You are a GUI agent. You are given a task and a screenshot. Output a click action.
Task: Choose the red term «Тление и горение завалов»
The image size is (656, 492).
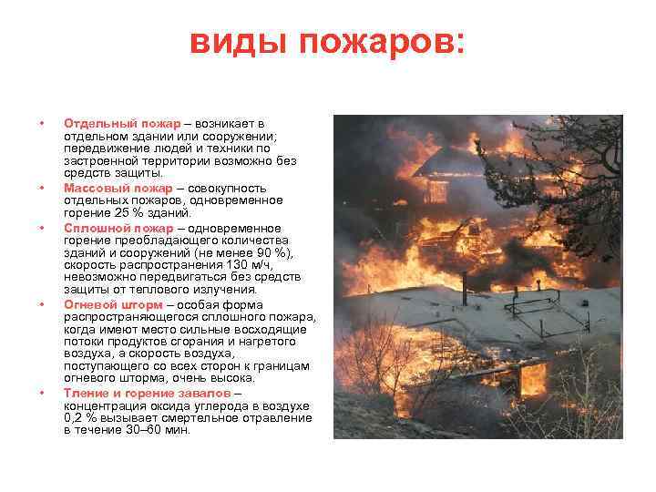(147, 392)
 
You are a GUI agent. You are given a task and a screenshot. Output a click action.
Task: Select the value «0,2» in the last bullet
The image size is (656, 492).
(73, 417)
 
